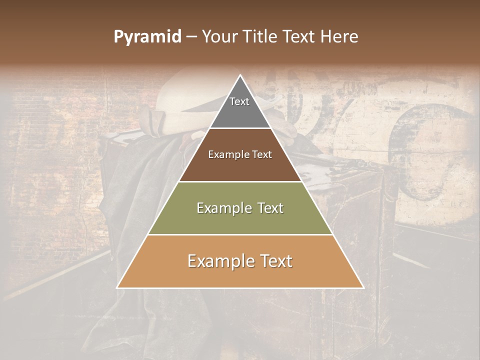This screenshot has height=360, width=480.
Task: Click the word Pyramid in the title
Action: (x=147, y=37)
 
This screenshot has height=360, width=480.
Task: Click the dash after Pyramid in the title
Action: (x=191, y=37)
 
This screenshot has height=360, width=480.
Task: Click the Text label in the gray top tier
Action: (x=239, y=101)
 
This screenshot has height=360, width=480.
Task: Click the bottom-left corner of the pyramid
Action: (x=117, y=287)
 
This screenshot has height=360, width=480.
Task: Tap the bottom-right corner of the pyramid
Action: (x=363, y=287)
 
